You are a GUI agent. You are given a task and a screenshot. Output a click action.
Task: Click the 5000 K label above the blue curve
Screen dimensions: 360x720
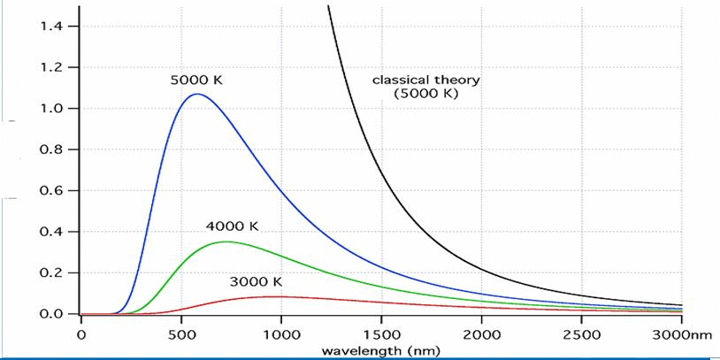pyautogui.click(x=196, y=80)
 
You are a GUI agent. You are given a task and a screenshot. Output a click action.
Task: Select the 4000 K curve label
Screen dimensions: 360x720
pyautogui.click(x=232, y=226)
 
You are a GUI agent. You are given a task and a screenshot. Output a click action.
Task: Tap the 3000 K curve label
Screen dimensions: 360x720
pyautogui.click(x=256, y=282)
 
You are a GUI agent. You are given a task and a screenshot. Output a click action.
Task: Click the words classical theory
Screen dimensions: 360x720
pyautogui.click(x=425, y=80)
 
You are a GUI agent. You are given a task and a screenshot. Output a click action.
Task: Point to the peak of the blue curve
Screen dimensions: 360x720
pyautogui.click(x=198, y=94)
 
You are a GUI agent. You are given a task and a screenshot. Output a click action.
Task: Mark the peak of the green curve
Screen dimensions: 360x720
pyautogui.click(x=226, y=241)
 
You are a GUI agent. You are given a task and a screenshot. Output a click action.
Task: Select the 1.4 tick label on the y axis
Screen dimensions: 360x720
pyautogui.click(x=50, y=27)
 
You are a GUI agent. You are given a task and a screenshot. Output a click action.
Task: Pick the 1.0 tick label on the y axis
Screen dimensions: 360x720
pyautogui.click(x=50, y=109)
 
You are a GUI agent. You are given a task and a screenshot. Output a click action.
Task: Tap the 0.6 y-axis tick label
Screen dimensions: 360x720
pyautogui.click(x=50, y=191)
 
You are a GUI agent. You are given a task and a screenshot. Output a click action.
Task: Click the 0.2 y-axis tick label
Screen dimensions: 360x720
pyautogui.click(x=50, y=273)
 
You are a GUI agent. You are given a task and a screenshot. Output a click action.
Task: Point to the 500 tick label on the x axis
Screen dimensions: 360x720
pyautogui.click(x=181, y=334)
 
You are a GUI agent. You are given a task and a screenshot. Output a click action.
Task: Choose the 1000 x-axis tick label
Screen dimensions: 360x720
pyautogui.click(x=281, y=334)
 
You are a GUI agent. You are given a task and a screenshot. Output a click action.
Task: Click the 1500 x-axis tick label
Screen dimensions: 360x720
pyautogui.click(x=381, y=334)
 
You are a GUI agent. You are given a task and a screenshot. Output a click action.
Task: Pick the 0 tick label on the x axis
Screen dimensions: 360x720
pyautogui.click(x=80, y=334)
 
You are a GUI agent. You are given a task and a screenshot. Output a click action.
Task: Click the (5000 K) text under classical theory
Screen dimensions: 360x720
pyautogui.click(x=426, y=94)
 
